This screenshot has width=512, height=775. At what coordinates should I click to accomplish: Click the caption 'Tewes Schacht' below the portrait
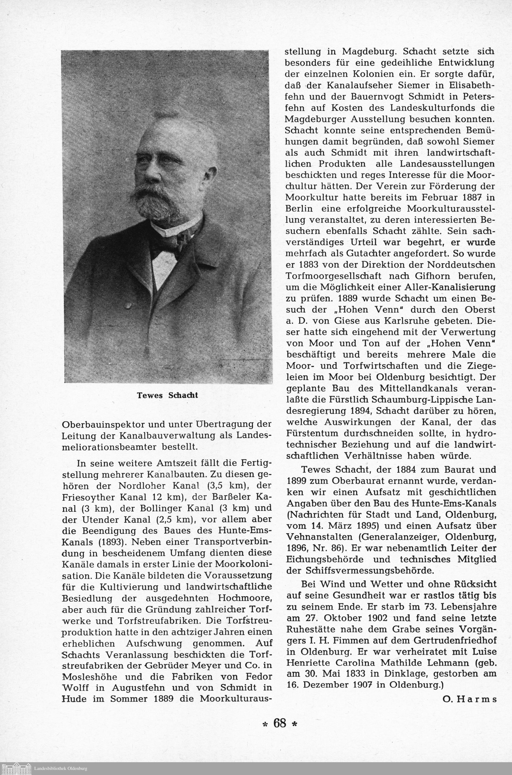pos(167,395)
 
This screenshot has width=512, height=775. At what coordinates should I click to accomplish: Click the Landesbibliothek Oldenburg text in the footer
pos(61,768)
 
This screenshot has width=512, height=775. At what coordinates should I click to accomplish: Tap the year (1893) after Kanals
pos(110,542)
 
